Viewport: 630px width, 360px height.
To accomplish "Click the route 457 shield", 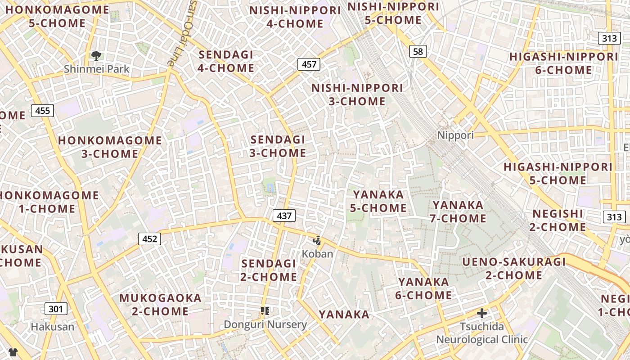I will pos(309,64).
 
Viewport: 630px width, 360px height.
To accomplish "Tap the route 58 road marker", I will pos(418,51).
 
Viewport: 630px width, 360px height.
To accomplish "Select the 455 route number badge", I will pos(43,110).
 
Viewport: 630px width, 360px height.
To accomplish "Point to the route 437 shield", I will pos(284,216).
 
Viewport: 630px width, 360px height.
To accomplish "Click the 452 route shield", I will pos(149,239).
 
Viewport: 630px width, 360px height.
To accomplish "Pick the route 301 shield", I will pos(56,309).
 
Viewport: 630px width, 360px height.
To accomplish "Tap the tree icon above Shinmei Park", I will pos(96,56).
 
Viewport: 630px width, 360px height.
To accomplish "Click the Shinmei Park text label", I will pos(96,69).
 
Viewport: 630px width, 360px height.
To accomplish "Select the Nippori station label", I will pos(455,135).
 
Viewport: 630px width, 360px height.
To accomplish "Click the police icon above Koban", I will pos(317,241).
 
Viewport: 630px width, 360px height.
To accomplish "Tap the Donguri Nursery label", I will pos(265,324).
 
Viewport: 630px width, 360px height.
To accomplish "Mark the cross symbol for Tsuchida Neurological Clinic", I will pos(482,313).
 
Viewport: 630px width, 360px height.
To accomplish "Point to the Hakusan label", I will pos(52,327).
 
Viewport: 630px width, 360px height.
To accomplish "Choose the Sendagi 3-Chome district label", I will pos(278,146).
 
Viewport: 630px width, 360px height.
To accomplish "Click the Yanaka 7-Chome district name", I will pos(459,211).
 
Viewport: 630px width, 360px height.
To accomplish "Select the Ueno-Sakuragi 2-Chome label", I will pos(514,268).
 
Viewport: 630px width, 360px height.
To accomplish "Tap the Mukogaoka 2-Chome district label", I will pos(160,304).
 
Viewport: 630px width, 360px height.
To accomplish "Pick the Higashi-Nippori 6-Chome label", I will pos(563,63).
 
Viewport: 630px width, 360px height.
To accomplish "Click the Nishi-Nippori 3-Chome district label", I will pos(357,94).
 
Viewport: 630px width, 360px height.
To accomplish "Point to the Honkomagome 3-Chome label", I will pos(110,147).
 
